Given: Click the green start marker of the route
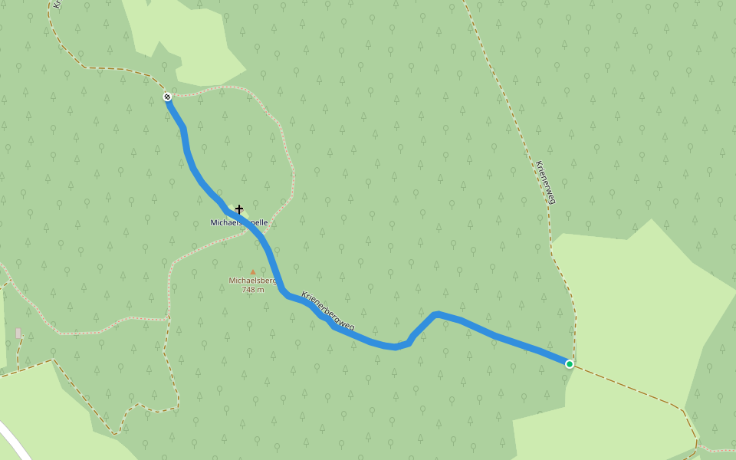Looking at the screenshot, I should pos(569,363).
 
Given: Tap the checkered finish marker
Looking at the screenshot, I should pos(167,97).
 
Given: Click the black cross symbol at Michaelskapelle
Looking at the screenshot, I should pos(239,209).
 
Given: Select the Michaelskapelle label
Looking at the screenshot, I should pos(239,222).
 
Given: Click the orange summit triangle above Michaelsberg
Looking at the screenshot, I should pos(253,271).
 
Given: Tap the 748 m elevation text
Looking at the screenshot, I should pos(253,290).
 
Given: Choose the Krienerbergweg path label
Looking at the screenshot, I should pos(328,310).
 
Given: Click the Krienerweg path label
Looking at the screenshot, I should pos(544,182).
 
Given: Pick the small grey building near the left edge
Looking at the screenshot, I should pos(18,333).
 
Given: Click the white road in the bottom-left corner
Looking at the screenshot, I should pos(14,442).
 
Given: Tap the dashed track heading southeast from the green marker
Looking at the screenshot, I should pos(629,386).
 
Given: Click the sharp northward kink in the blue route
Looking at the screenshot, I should pos(435,314).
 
